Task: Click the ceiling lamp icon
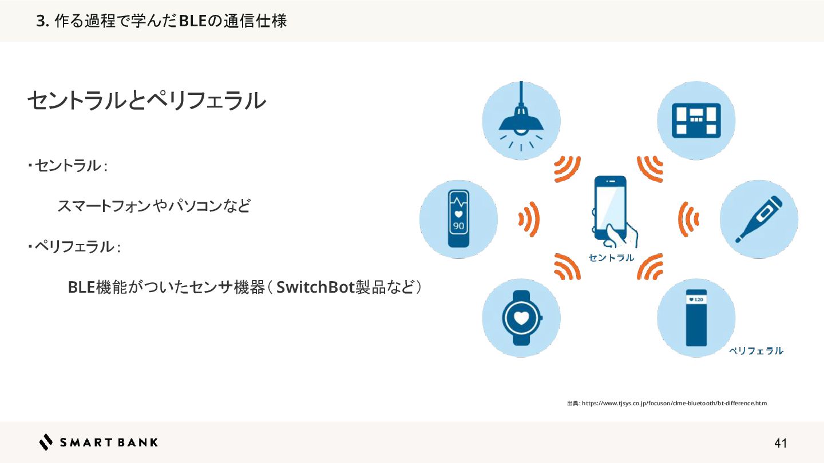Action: (x=521, y=120)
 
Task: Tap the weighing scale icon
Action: (x=695, y=120)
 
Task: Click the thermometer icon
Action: (x=759, y=218)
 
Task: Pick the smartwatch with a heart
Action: (x=521, y=318)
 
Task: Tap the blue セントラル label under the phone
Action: (x=611, y=258)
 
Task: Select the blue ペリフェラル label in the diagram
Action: (x=755, y=351)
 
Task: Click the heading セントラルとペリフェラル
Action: (x=146, y=101)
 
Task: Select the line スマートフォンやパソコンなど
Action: (x=154, y=206)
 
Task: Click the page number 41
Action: (x=781, y=443)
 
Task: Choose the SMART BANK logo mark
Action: (x=46, y=442)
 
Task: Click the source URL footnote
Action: (x=667, y=404)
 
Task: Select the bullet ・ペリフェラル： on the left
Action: (x=74, y=247)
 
